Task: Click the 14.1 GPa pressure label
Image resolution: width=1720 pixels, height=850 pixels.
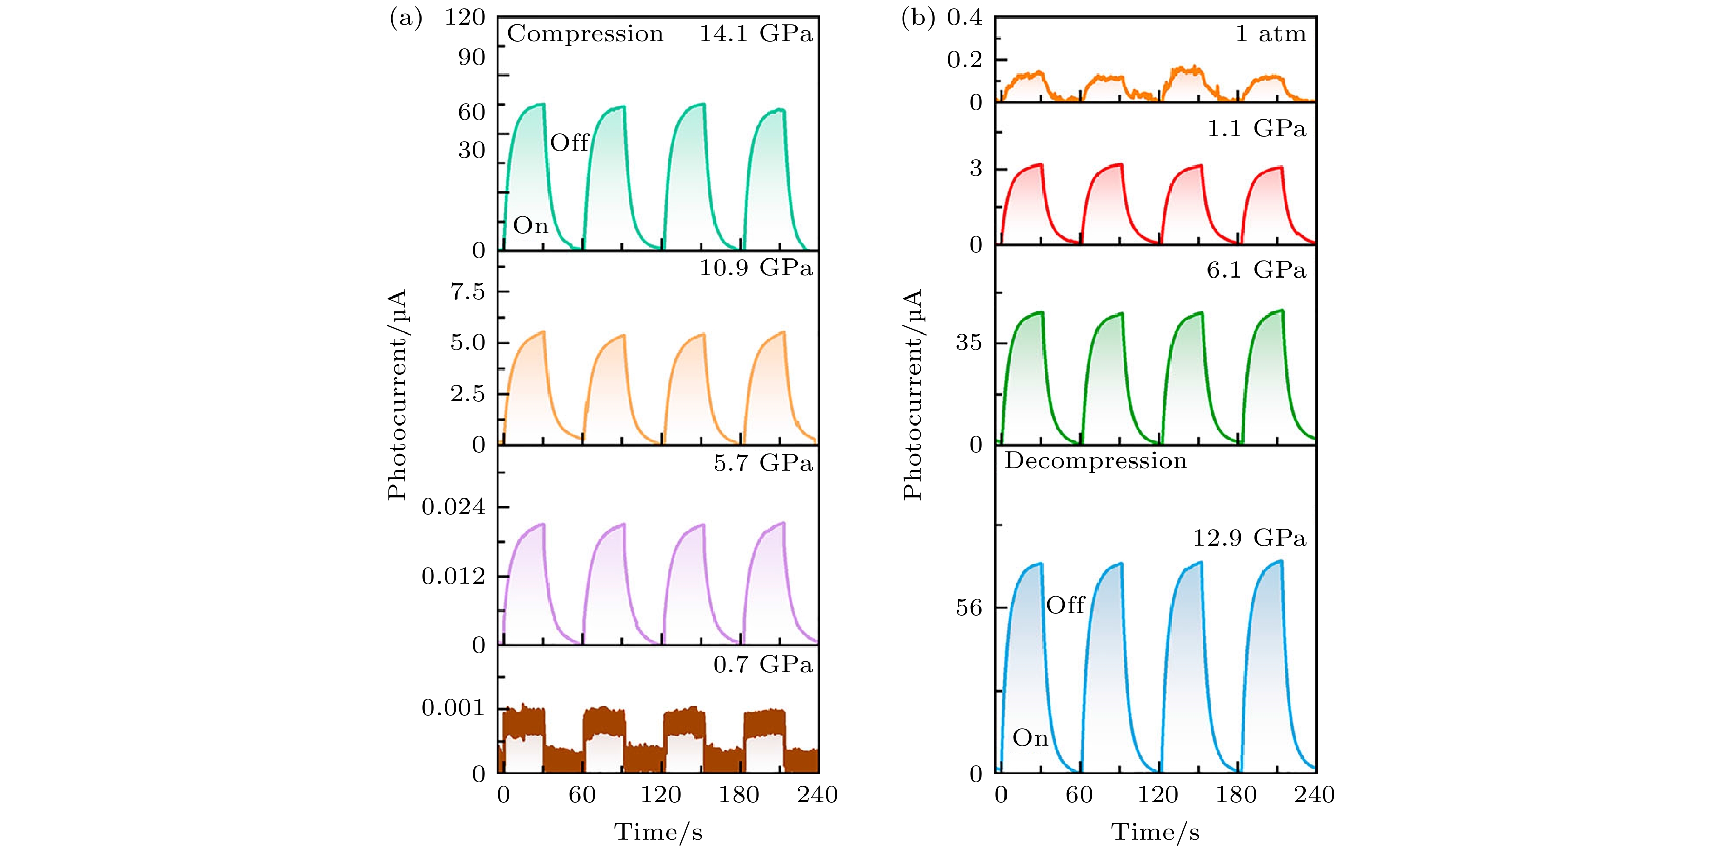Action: [x=756, y=34]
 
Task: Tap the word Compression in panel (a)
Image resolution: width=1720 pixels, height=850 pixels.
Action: [x=585, y=34]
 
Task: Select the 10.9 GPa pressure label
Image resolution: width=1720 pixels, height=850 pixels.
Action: [x=756, y=268]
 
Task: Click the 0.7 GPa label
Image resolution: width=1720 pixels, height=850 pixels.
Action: [x=762, y=664]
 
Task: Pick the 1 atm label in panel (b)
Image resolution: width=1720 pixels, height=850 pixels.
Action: [x=1270, y=34]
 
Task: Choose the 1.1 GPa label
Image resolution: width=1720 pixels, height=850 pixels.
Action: [x=1256, y=128]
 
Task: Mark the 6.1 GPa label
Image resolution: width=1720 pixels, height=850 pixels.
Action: [x=1256, y=270]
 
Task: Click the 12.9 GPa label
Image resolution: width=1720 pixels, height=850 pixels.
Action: [x=1249, y=538]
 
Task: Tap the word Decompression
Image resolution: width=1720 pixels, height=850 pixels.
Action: [x=1096, y=461]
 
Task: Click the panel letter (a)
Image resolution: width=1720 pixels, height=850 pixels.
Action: [x=406, y=19]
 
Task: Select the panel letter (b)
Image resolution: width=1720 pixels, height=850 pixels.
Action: [x=918, y=19]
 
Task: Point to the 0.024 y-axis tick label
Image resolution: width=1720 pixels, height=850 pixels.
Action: [x=453, y=507]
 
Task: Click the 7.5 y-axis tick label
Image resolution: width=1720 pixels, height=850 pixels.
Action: [x=468, y=292]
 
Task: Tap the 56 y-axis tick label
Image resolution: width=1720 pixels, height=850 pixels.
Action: [x=969, y=607]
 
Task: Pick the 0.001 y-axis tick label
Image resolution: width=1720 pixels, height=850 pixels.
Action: [x=453, y=708]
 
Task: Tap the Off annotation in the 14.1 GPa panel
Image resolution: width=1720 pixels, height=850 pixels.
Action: [x=569, y=142]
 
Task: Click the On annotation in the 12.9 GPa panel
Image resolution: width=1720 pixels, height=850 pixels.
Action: [x=1030, y=738]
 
